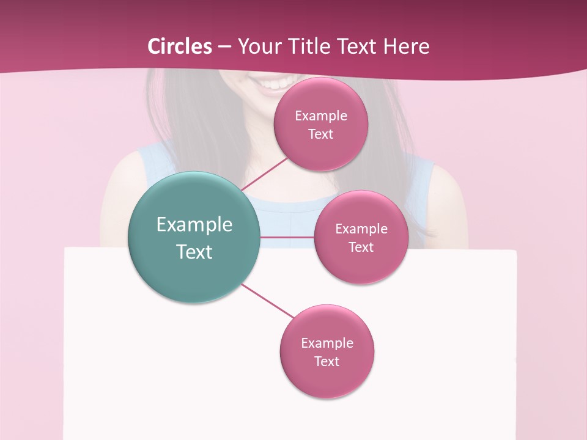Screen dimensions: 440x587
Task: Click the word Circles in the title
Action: pos(180,46)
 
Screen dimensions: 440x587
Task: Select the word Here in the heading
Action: pos(407,46)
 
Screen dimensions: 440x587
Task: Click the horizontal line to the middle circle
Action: pos(287,237)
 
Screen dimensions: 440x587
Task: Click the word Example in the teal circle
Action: pos(194,225)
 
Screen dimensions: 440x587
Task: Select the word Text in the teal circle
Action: pos(194,252)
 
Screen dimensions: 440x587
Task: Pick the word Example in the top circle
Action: pos(321,116)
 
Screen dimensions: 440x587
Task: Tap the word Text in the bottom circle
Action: pos(327,361)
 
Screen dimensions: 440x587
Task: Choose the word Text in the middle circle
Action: pos(361,247)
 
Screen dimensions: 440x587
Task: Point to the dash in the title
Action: pos(224,46)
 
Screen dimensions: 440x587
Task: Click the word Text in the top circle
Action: pos(321,134)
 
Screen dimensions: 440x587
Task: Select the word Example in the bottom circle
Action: pos(327,343)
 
